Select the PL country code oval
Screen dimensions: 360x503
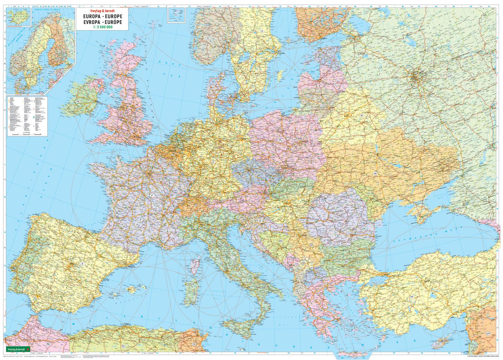(x=280, y=141)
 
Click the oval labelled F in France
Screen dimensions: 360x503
(x=152, y=195)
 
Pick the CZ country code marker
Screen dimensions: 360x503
(x=256, y=175)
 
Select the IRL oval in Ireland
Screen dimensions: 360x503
(x=78, y=102)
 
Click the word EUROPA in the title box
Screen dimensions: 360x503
(x=91, y=16)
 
